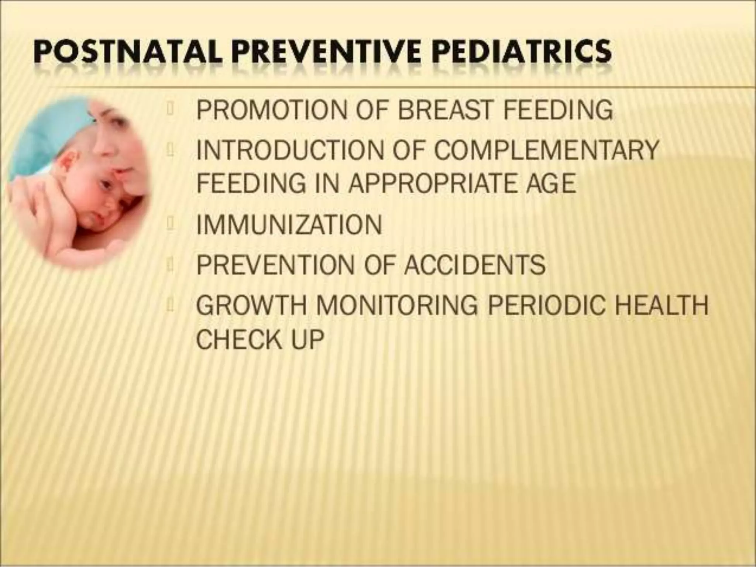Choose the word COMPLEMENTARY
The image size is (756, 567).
(546, 150)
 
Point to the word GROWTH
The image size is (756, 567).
(251, 305)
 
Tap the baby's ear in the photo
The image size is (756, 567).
(68, 166)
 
